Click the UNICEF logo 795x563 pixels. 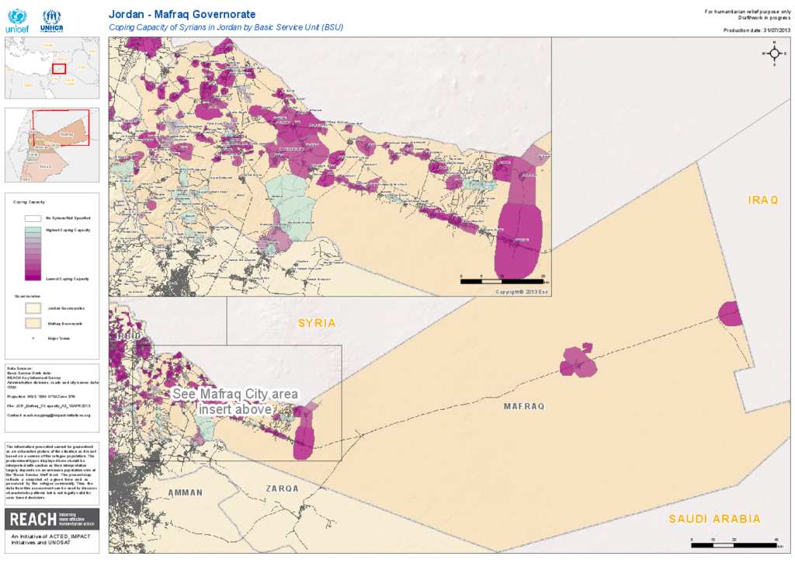[x=16, y=21]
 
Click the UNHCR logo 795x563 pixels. [x=51, y=21]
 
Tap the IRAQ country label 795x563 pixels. [x=762, y=200]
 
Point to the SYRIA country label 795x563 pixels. [x=317, y=322]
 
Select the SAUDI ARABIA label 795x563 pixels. [x=715, y=519]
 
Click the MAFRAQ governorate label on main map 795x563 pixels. [x=524, y=406]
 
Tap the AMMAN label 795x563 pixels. [x=185, y=492]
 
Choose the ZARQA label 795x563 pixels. [x=282, y=488]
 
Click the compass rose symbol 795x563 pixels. [x=773, y=53]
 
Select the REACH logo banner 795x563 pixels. [x=52, y=519]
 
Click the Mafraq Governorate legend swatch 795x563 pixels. [x=33, y=322]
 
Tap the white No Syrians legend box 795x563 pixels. [x=33, y=219]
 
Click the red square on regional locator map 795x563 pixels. [x=59, y=68]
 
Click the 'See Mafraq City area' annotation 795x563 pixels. [x=234, y=401]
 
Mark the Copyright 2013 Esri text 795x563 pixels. [x=522, y=291]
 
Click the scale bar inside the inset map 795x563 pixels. [x=502, y=280]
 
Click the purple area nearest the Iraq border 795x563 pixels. [x=730, y=313]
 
